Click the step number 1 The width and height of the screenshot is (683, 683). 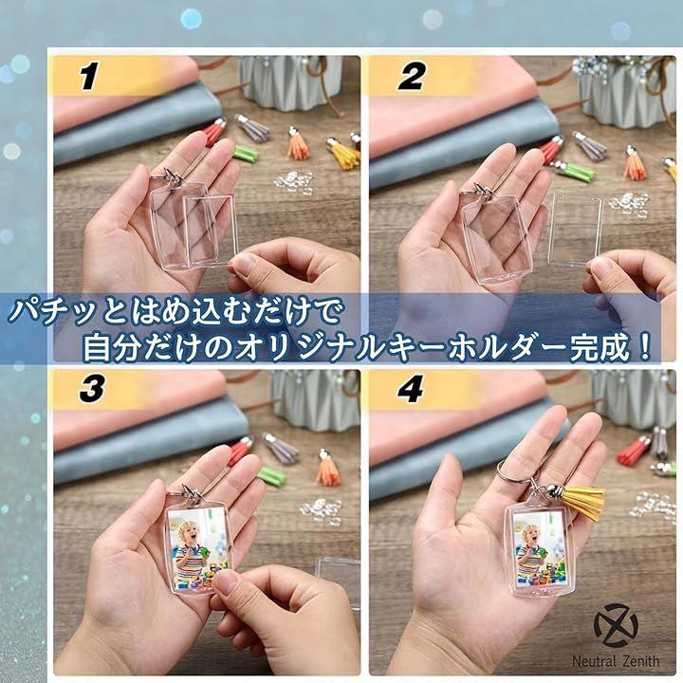88,76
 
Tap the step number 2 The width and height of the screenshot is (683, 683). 411,76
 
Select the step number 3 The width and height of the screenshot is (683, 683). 92,389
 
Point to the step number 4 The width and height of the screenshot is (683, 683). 410,389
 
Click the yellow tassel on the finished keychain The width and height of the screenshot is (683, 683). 585,502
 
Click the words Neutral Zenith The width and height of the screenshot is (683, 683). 616,661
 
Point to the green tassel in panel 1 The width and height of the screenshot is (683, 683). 245,154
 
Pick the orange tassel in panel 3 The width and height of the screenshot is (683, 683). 327,470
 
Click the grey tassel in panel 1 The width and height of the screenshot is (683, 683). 254,127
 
